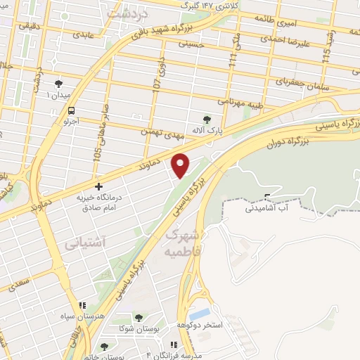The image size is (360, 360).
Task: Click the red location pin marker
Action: click(181, 165)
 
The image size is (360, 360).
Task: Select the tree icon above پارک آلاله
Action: click(207, 119)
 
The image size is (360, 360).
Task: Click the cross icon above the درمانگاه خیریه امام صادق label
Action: click(98, 187)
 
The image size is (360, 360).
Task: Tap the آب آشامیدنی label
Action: click(266, 208)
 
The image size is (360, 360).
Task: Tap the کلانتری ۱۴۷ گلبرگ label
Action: click(210, 6)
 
